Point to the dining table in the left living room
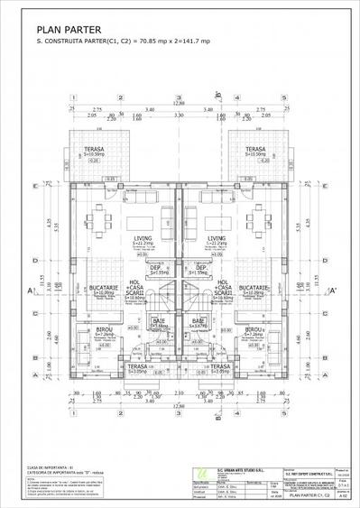pyautogui.click(x=103, y=221)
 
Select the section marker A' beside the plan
pyautogui.click(x=332, y=291)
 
